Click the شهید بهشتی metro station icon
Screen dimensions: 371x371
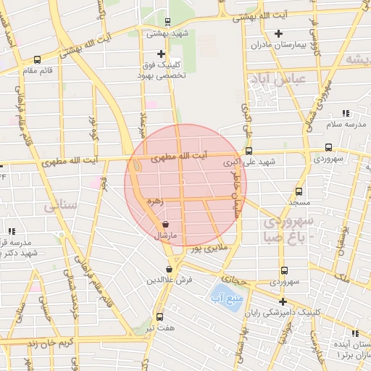168,22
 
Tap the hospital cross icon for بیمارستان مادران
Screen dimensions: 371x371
279,33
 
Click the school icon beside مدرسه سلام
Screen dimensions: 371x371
346,113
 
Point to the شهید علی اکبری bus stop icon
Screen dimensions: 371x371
249,151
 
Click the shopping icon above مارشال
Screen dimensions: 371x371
167,226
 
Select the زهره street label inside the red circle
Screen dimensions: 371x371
153,201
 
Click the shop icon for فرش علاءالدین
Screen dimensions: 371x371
169,269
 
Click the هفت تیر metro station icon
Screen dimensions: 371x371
159,316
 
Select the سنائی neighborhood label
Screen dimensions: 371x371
60,207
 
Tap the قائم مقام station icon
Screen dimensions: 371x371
37,60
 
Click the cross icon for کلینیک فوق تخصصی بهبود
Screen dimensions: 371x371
161,54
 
